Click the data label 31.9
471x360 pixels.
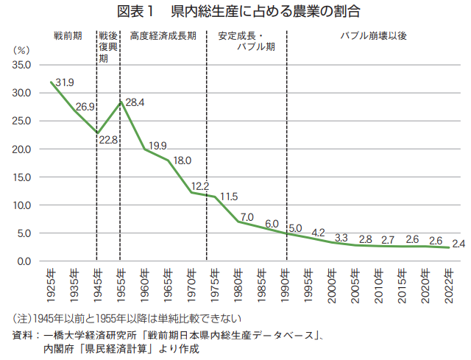coord(65,82)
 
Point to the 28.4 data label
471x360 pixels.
coord(135,102)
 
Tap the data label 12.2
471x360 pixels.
coord(200,186)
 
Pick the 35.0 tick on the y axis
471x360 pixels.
coord(22,65)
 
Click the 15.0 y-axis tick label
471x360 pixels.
coord(22,177)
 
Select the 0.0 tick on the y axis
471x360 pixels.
coord(24,261)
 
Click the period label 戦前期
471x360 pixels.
coord(68,35)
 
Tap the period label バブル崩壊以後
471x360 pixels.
coord(373,35)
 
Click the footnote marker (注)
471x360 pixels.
coord(21,319)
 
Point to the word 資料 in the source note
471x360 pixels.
coord(22,335)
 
